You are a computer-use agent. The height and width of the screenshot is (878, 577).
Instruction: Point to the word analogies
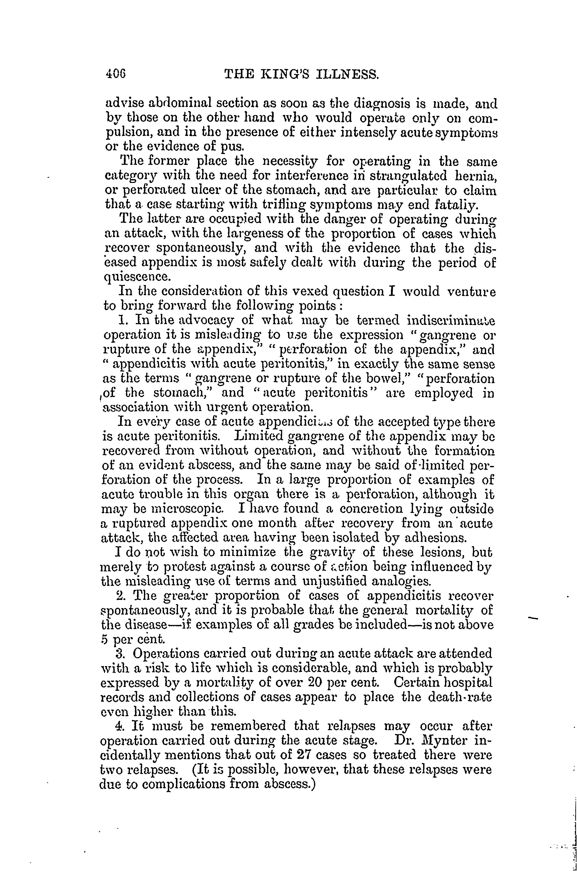click(401, 582)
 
